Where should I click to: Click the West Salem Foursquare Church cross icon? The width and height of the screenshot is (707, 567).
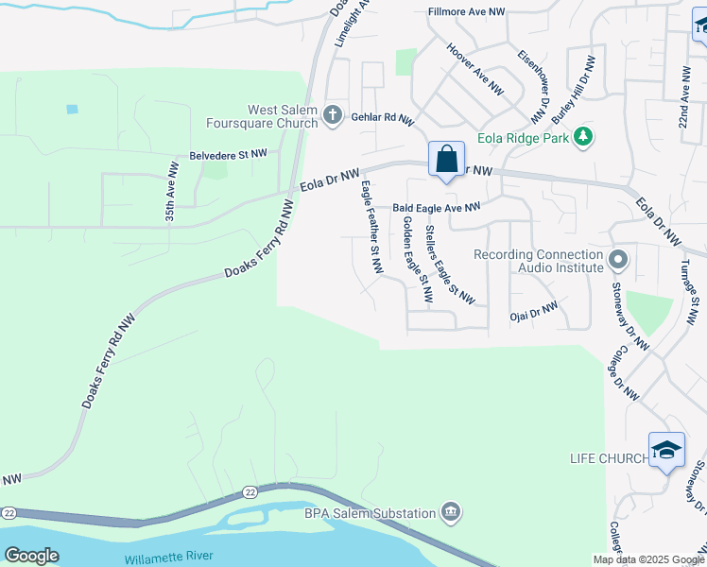[x=332, y=115]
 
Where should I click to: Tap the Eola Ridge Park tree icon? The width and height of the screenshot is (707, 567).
[x=584, y=137]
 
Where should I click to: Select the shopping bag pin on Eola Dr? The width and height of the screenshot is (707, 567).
[x=446, y=159]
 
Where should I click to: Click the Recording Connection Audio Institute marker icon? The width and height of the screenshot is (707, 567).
[x=618, y=259]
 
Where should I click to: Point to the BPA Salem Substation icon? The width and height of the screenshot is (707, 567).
[x=451, y=513]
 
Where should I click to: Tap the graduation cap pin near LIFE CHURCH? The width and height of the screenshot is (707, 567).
[x=666, y=451]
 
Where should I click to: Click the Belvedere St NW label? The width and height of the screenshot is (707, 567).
[x=229, y=154]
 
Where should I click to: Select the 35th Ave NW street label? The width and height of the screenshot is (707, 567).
[x=170, y=191]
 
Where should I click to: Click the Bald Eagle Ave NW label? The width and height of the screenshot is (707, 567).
[x=437, y=207]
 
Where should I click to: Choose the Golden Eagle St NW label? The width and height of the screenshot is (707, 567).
[x=416, y=259]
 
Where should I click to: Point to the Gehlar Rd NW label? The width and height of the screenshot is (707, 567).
[x=383, y=121]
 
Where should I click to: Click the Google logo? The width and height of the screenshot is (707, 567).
[x=31, y=556]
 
